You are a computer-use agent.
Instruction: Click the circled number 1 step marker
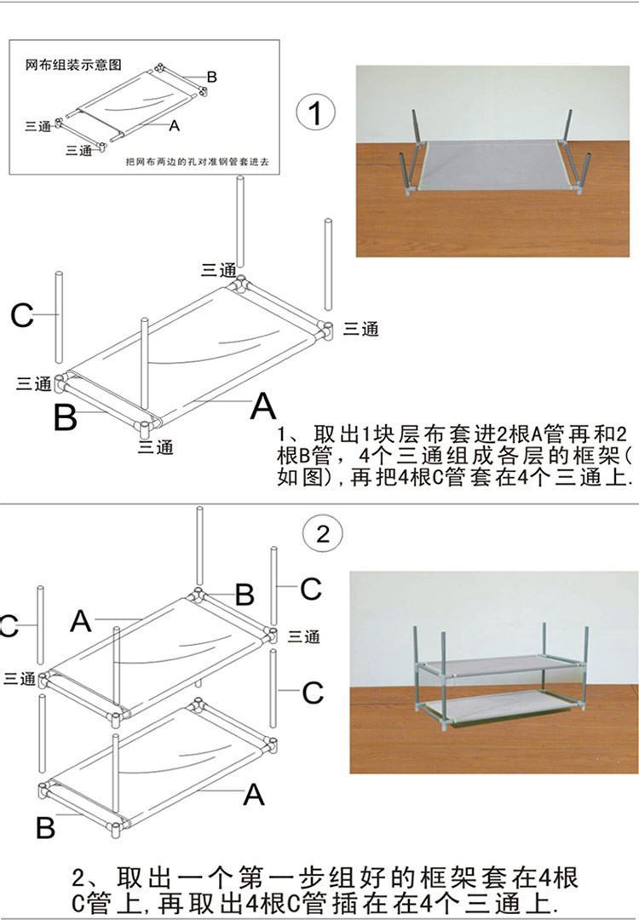click(315, 112)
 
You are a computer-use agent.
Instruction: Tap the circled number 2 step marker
click(323, 534)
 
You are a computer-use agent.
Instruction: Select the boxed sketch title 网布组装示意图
click(74, 64)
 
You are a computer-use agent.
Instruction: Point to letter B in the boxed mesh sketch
click(211, 77)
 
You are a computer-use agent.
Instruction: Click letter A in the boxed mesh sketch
click(174, 124)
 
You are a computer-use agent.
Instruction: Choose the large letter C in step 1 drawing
click(21, 316)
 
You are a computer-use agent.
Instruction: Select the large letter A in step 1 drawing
click(263, 407)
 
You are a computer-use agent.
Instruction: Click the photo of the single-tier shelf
click(492, 161)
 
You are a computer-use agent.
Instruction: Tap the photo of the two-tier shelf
click(493, 672)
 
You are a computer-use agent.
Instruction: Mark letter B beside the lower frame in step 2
click(45, 826)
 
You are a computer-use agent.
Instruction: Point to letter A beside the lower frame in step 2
click(254, 795)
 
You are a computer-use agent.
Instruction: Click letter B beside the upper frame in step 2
click(244, 595)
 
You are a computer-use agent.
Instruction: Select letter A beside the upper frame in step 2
click(81, 621)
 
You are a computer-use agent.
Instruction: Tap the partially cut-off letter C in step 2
click(8, 627)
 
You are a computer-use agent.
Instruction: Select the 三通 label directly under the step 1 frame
click(155, 446)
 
